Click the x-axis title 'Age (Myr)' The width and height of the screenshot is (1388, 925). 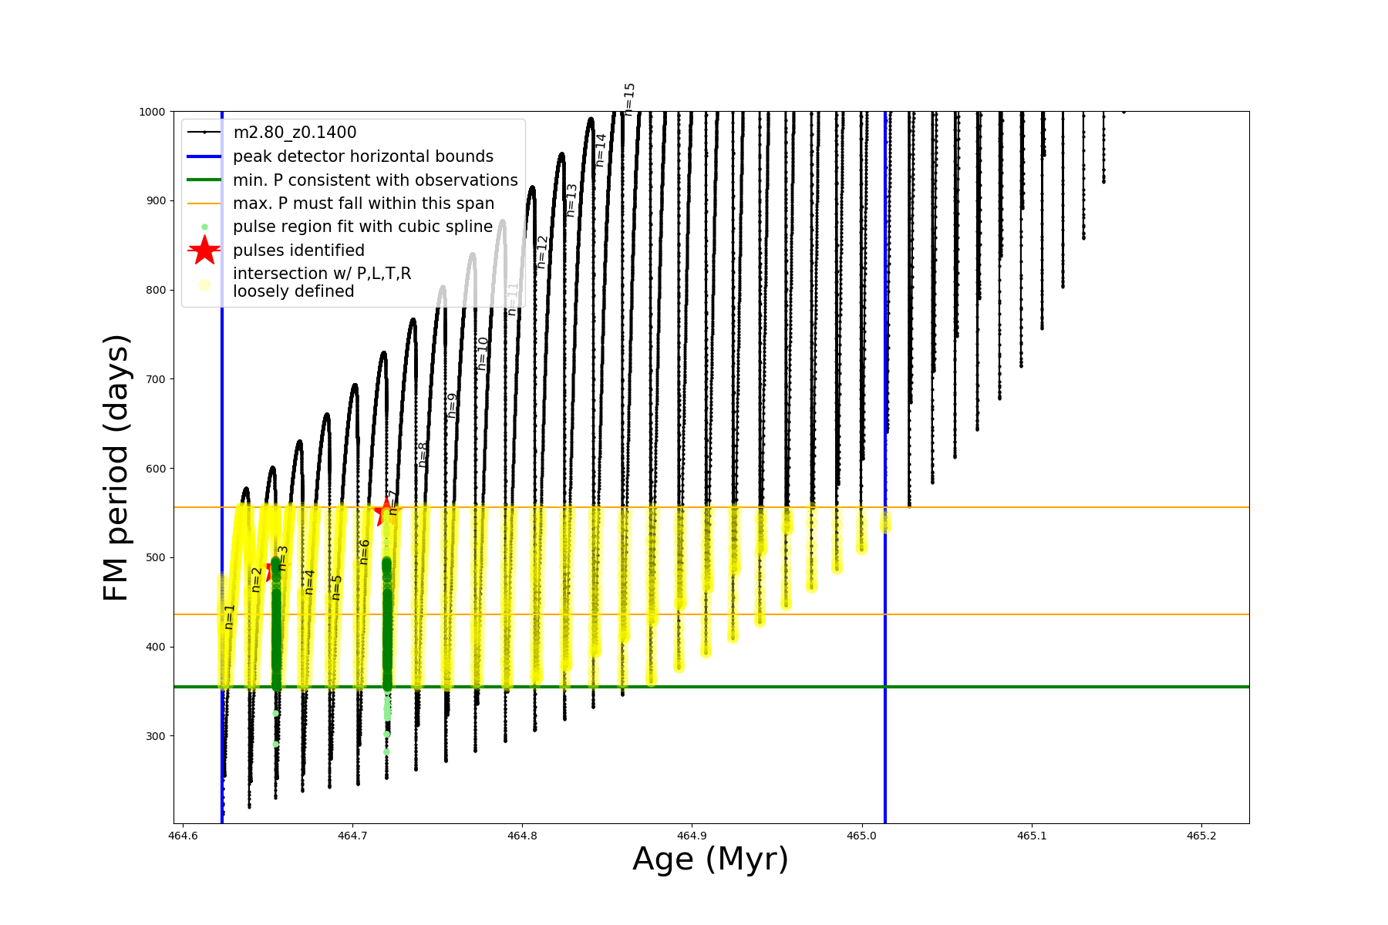710,859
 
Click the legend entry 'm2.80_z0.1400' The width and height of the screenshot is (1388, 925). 295,133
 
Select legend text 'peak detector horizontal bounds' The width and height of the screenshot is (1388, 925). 363,156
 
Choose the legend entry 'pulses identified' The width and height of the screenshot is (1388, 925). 298,251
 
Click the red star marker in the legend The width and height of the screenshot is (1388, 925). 204,251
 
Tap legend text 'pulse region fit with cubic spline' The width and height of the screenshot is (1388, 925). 362,227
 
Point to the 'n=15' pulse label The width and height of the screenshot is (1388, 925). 629,99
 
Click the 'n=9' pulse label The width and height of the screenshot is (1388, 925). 453,405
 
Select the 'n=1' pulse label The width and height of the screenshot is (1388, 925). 229,617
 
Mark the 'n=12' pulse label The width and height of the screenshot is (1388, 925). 541,252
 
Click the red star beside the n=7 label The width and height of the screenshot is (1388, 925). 384,512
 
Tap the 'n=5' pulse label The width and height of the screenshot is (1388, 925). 336,587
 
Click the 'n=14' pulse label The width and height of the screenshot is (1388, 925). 601,150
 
